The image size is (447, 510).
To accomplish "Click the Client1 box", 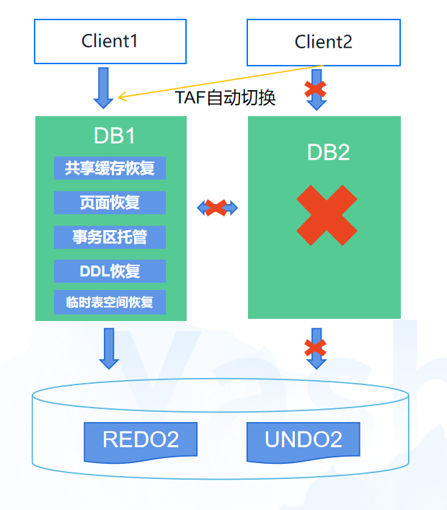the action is click(x=110, y=41).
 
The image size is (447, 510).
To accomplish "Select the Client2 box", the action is click(x=324, y=43).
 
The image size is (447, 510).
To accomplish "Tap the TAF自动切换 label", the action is click(x=225, y=97).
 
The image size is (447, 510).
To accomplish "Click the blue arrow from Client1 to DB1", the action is click(x=103, y=88).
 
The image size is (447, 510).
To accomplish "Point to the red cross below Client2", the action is click(x=315, y=89).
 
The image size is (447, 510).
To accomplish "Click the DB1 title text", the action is click(x=115, y=136).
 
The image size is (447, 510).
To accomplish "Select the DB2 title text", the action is click(x=328, y=152).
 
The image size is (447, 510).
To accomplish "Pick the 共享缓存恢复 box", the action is click(x=110, y=168).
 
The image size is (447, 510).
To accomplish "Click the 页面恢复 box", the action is click(x=110, y=203).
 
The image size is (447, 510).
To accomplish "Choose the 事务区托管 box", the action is click(x=110, y=237).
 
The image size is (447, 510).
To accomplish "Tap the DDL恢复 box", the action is click(x=110, y=271).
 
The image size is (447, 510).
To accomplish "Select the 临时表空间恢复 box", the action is click(x=110, y=302).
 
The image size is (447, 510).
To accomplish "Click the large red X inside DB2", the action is click(x=327, y=215).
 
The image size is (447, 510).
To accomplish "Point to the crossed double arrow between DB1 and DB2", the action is click(x=217, y=208).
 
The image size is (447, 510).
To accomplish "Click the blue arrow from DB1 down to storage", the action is click(x=109, y=348).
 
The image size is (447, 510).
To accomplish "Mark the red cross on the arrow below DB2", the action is click(x=315, y=348).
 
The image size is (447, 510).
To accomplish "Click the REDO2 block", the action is click(x=141, y=441).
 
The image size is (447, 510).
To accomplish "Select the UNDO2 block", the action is click(x=304, y=441).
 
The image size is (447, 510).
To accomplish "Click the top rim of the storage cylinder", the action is click(x=221, y=379).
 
